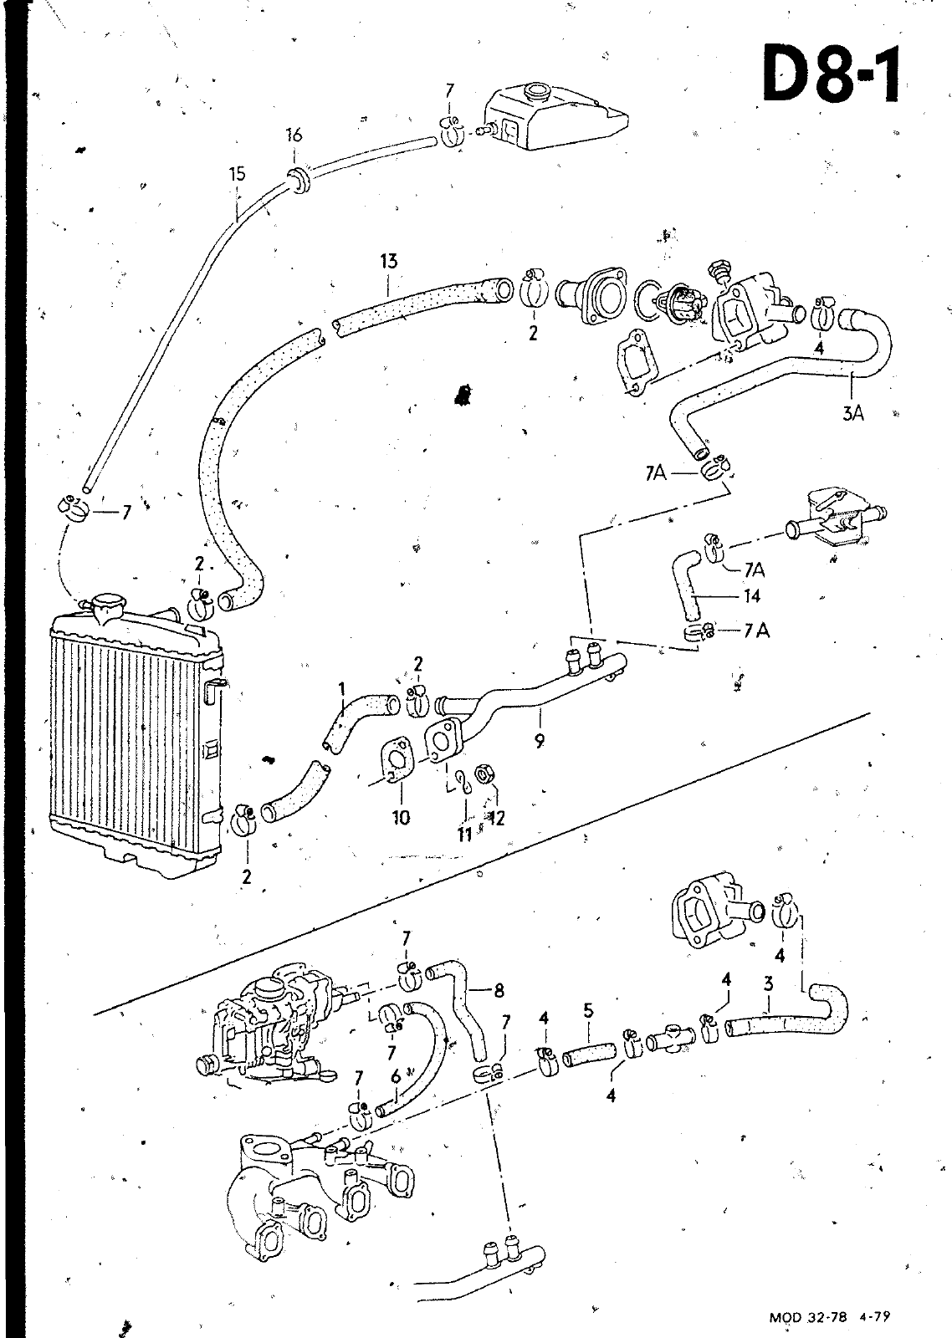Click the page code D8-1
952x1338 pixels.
(x=831, y=73)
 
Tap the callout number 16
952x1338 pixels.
(x=294, y=135)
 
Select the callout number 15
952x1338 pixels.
(x=237, y=175)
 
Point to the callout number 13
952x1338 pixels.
(x=388, y=262)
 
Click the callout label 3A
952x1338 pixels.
(x=853, y=413)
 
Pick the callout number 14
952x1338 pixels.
(x=752, y=595)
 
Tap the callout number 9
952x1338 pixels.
(x=540, y=741)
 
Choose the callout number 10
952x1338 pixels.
(x=401, y=818)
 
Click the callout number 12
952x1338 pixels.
(x=496, y=817)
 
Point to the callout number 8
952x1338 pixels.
(x=499, y=991)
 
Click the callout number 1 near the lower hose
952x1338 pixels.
(x=342, y=691)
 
